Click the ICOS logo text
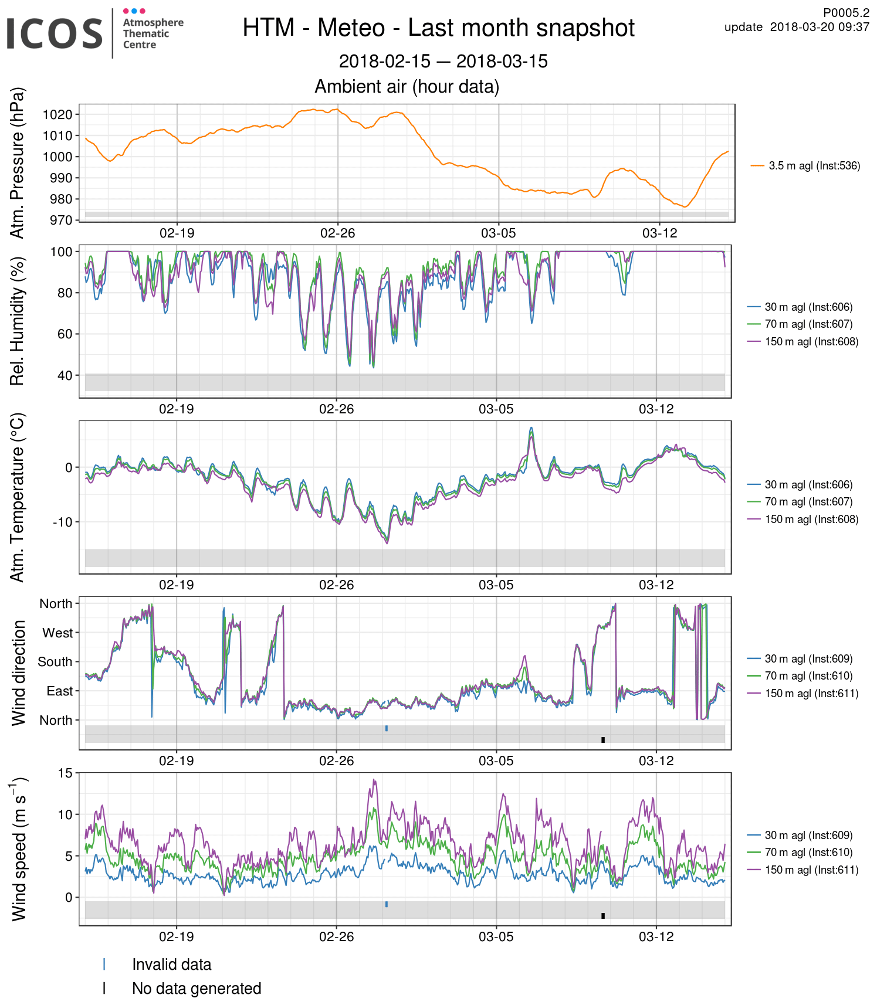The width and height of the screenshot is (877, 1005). (55, 33)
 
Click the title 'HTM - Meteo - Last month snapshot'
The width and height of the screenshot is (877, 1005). (438, 28)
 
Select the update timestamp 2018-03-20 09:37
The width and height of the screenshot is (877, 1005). (819, 27)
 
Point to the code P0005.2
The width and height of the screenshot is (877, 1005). (846, 13)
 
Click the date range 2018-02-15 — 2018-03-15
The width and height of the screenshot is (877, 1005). (443, 61)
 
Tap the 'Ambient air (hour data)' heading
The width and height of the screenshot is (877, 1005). (407, 87)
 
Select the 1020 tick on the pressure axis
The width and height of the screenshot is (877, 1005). (57, 114)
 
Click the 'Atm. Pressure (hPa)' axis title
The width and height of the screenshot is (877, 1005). (18, 163)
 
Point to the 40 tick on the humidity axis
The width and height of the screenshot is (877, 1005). (65, 375)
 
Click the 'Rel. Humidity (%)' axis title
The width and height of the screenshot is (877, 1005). (18, 321)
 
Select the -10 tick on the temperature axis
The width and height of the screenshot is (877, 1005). (62, 522)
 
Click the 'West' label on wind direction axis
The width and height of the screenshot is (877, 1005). (57, 633)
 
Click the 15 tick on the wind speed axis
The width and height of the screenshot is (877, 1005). (65, 773)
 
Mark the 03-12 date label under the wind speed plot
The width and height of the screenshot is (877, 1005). (656, 936)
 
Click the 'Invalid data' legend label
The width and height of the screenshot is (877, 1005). (171, 965)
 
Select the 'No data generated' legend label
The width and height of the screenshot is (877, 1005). (197, 989)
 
